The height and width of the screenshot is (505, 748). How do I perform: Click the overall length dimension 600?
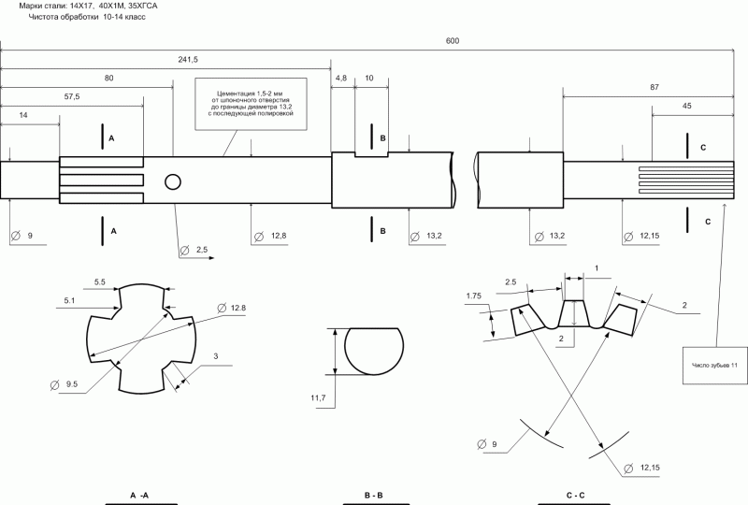click(453, 41)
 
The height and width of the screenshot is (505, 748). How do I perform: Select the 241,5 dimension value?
click(188, 60)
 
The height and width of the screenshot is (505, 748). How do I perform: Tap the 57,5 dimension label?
click(72, 96)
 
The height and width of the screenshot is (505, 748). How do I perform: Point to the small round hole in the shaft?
click(173, 181)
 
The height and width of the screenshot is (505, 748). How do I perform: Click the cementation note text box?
click(251, 104)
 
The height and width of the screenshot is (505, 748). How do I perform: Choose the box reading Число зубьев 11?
click(714, 365)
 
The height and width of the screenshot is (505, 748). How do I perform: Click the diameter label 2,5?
click(201, 250)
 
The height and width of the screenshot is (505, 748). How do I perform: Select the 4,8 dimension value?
click(341, 78)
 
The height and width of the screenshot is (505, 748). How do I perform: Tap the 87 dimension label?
click(654, 87)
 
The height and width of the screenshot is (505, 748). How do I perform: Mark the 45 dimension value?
click(686, 106)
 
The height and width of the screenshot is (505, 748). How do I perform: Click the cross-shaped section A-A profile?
click(142, 339)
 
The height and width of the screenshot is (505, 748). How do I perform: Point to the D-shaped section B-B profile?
click(374, 351)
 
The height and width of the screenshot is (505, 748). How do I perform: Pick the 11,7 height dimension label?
click(318, 397)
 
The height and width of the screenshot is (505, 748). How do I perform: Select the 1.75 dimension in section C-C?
click(474, 296)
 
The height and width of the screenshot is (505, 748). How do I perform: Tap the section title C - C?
click(575, 496)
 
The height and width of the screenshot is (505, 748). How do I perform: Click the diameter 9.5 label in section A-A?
click(72, 383)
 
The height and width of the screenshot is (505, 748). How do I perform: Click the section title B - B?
click(373, 496)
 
